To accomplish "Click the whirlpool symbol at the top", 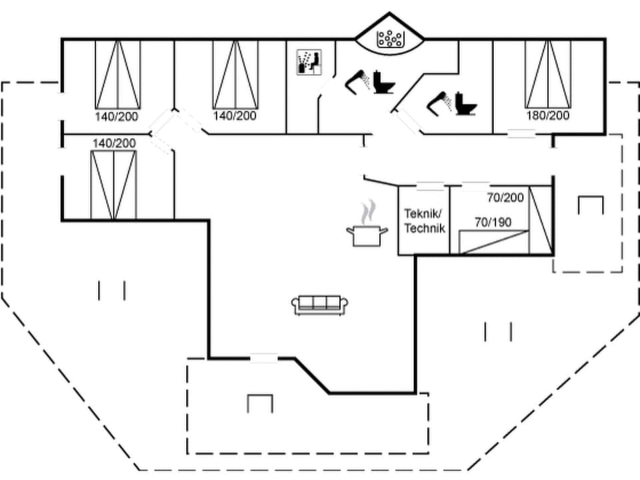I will [388, 39].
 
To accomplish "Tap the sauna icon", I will [309, 62].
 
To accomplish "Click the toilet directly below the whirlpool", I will [383, 83].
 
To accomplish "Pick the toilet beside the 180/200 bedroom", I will [466, 105].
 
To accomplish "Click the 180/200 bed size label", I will [548, 115].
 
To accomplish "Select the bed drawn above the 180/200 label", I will [548, 73].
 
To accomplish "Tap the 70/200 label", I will [505, 197].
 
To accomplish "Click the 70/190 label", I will [493, 222].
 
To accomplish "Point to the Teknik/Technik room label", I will [424, 220].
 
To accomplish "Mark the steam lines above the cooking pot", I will [367, 213].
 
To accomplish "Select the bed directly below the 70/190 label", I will [494, 241].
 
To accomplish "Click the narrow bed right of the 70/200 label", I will [540, 220].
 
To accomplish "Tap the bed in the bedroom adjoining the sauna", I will [235, 73].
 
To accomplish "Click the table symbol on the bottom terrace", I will [259, 403].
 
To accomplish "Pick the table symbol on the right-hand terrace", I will [590, 205].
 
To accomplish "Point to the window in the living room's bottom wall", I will [264, 358].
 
